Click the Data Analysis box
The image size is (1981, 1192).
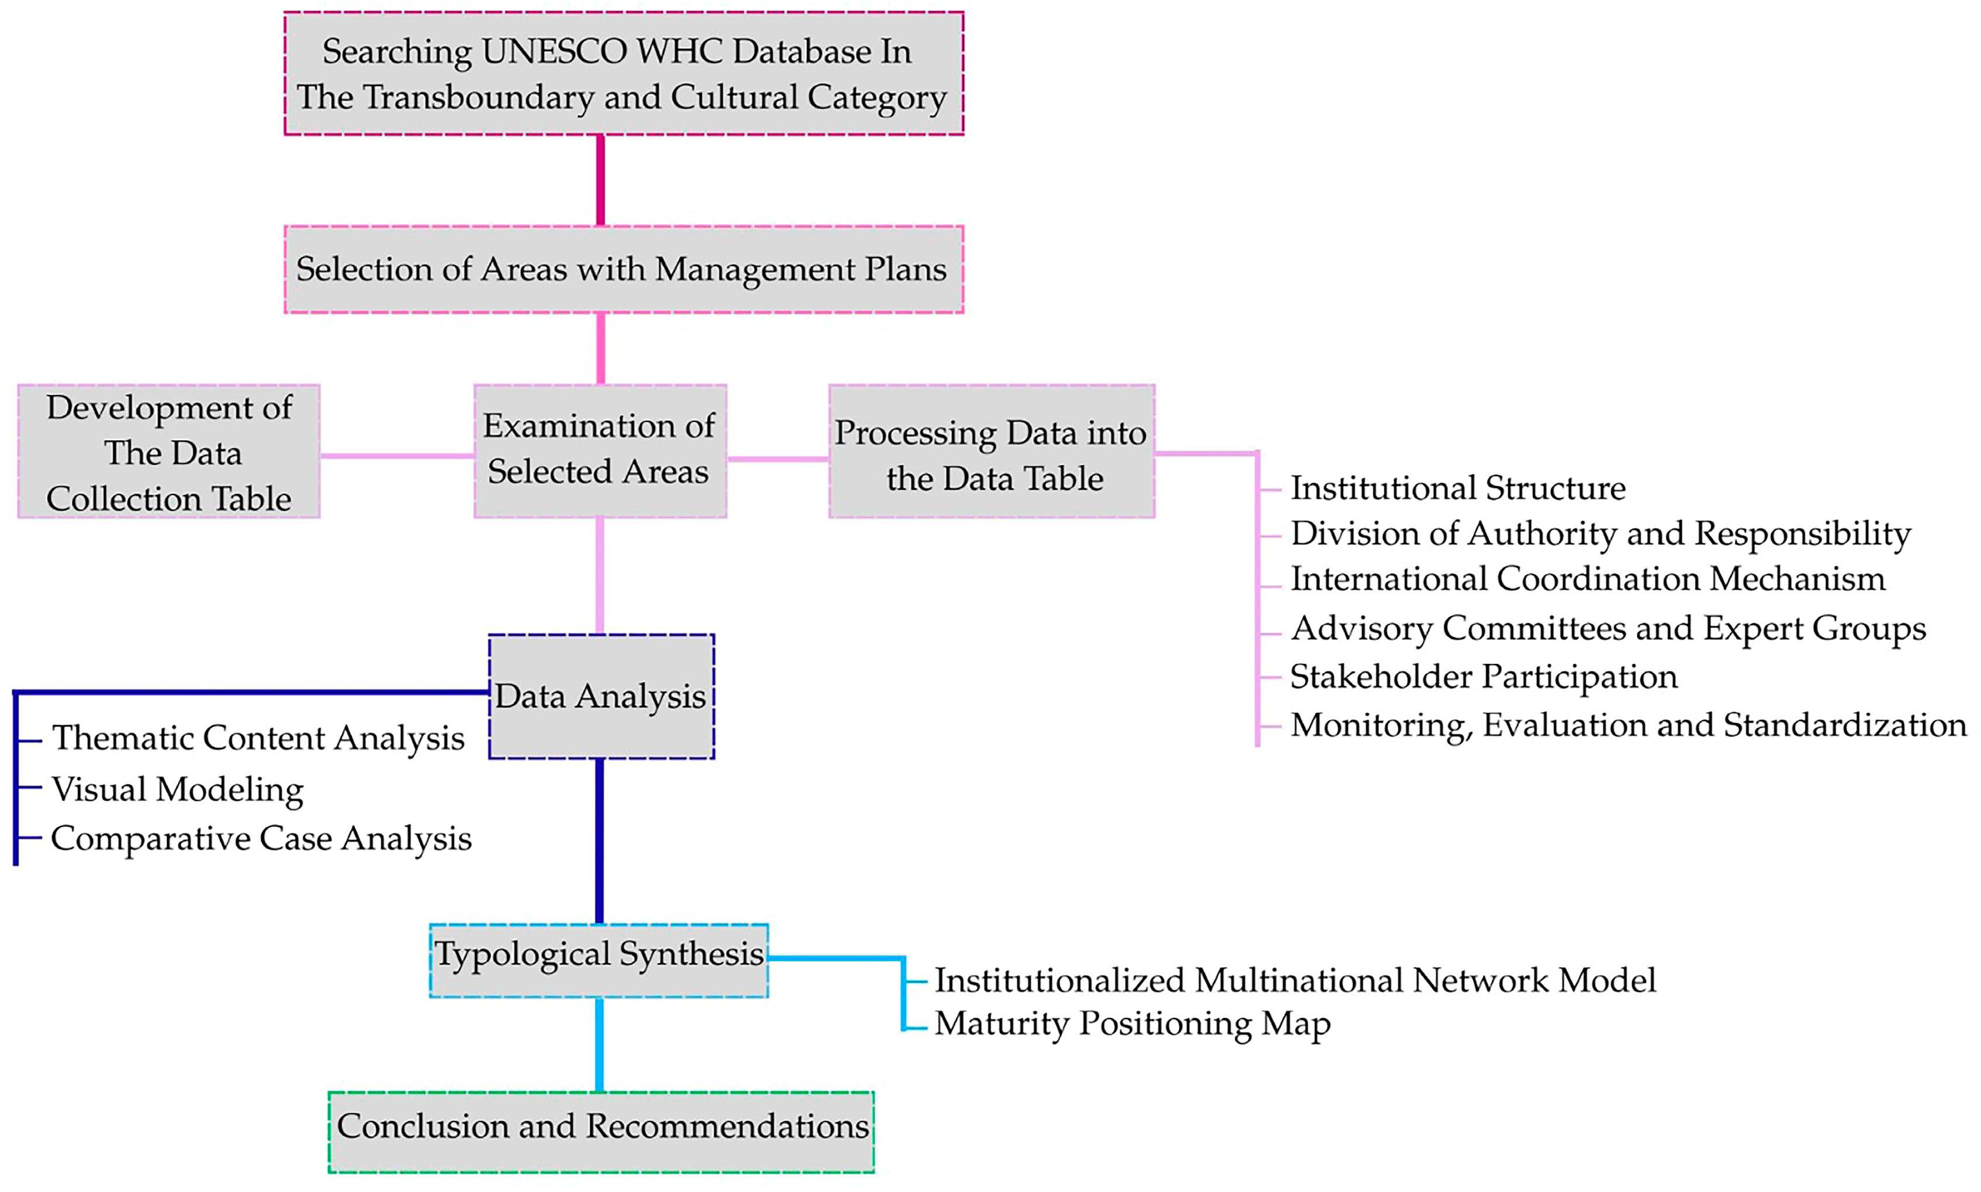pyautogui.click(x=601, y=695)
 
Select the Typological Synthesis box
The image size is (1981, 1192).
pyautogui.click(x=598, y=960)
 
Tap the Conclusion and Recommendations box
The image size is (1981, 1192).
pyautogui.click(x=601, y=1131)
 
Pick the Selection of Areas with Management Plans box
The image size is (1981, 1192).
pyautogui.click(x=624, y=269)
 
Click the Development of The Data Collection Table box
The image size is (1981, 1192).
pyautogui.click(x=169, y=452)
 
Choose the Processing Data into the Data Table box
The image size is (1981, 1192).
pyautogui.click(x=991, y=452)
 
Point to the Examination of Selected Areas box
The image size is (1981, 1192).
pyautogui.click(x=600, y=450)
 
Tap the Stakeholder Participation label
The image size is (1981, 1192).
pyautogui.click(x=1483, y=676)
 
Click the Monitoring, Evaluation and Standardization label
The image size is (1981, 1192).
pyautogui.click(x=1627, y=725)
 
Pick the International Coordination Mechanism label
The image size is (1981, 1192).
pyautogui.click(x=1587, y=578)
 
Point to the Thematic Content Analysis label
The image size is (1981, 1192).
pyautogui.click(x=258, y=737)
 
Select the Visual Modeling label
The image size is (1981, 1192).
pyautogui.click(x=178, y=789)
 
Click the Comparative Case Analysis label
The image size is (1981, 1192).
pyautogui.click(x=261, y=838)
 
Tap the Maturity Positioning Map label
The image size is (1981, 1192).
pyautogui.click(x=1132, y=1023)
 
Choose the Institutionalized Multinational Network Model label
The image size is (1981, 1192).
pyautogui.click(x=1295, y=980)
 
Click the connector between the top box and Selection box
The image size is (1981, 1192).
pyautogui.click(x=600, y=180)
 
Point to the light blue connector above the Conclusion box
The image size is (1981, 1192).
pyautogui.click(x=600, y=1044)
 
